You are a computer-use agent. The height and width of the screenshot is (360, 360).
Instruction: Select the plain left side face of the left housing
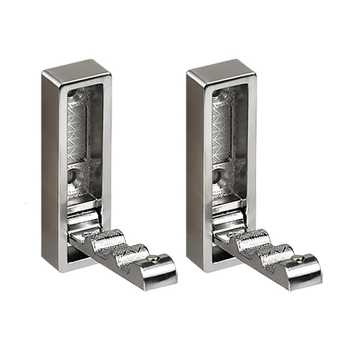click(x=51, y=169)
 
